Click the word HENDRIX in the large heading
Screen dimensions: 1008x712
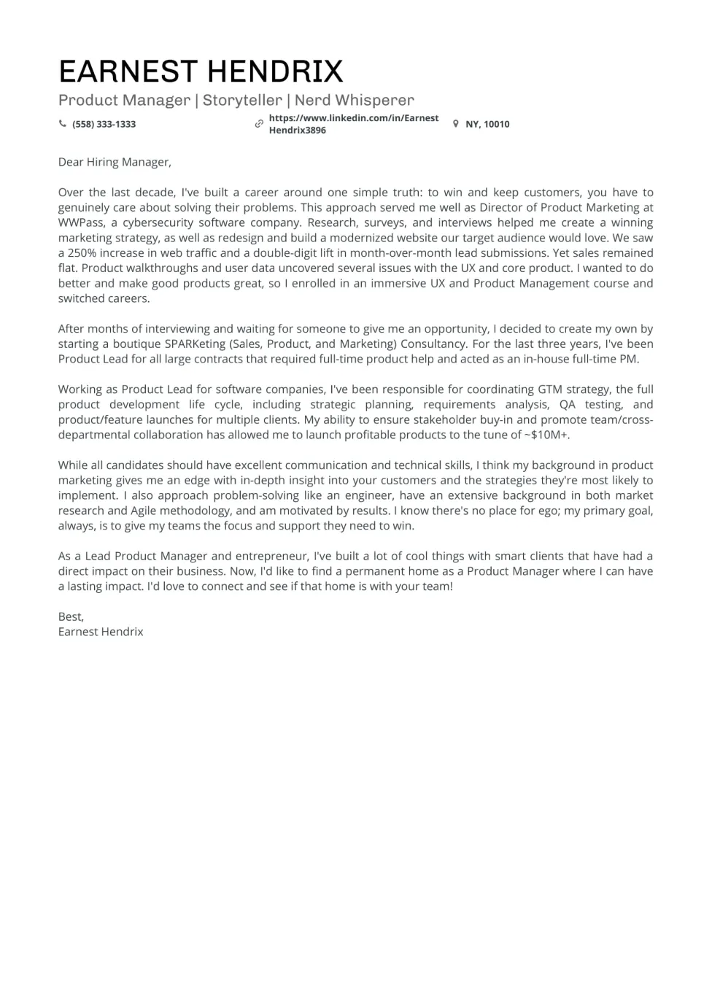tap(275, 71)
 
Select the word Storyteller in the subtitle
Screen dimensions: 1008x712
tap(242, 100)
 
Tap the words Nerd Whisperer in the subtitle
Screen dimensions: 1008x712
tap(354, 100)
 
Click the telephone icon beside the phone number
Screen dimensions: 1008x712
tap(63, 124)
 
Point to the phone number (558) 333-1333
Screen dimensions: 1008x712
tap(104, 124)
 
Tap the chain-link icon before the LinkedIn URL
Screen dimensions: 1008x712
tap(259, 124)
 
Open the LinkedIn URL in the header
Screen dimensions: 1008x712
tap(353, 124)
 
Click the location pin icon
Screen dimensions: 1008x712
tap(456, 124)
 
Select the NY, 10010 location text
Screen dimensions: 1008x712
tap(487, 124)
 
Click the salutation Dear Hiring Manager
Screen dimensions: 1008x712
tap(115, 162)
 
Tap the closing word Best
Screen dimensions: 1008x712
tap(71, 616)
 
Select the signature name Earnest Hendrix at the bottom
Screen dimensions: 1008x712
tap(101, 632)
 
